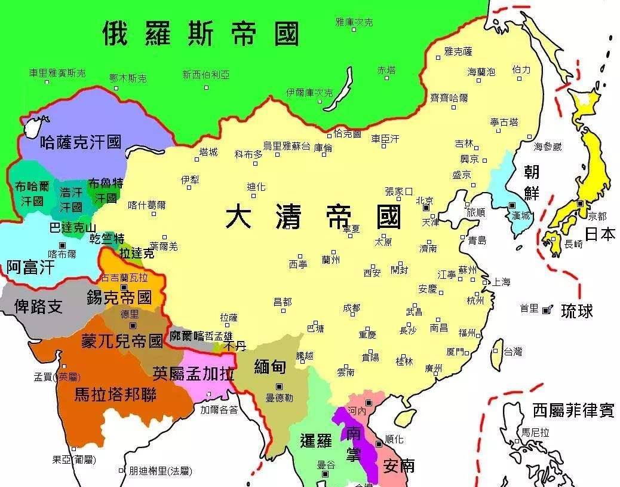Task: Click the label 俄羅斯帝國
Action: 200,34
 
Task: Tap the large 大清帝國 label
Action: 313,217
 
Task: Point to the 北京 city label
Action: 425,200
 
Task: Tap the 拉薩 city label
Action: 229,317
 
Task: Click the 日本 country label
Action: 600,234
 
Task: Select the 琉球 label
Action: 577,311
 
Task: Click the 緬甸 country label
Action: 269,367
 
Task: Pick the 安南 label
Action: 399,465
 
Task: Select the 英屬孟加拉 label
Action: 193,373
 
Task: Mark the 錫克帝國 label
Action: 119,297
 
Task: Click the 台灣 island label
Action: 512,351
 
